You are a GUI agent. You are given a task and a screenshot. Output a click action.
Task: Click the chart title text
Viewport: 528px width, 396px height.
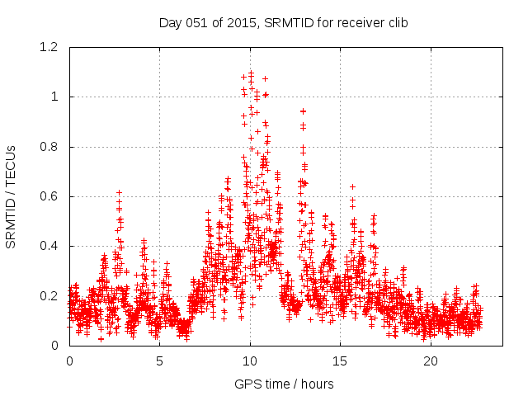pyautogui.click(x=284, y=22)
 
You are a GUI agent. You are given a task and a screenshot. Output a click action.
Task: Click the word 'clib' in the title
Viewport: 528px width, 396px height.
pyautogui.click(x=396, y=22)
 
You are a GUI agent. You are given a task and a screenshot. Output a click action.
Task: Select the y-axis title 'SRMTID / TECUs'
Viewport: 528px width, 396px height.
pyautogui.click(x=11, y=196)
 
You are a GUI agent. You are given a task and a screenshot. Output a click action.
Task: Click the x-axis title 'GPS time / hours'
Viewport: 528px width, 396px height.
pyautogui.click(x=284, y=384)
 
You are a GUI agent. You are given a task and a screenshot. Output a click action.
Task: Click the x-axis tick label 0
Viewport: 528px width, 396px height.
pyautogui.click(x=69, y=361)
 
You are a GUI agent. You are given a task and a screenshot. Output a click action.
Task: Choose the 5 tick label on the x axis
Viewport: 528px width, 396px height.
pyautogui.click(x=160, y=361)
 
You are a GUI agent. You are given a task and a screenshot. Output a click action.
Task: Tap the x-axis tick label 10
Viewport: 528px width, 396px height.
pyautogui.click(x=250, y=361)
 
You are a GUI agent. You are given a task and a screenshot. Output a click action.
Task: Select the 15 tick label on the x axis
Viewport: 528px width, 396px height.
pyautogui.click(x=340, y=361)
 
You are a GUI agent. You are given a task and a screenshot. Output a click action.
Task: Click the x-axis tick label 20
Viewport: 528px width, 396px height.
pyautogui.click(x=431, y=361)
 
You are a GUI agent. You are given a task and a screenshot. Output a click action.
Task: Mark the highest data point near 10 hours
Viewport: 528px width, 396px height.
pyautogui.click(x=251, y=73)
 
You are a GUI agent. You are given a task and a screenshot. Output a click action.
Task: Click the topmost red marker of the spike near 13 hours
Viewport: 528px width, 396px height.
pyautogui.click(x=303, y=111)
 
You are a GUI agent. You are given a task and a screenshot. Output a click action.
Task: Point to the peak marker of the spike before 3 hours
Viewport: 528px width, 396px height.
pyautogui.click(x=119, y=192)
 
